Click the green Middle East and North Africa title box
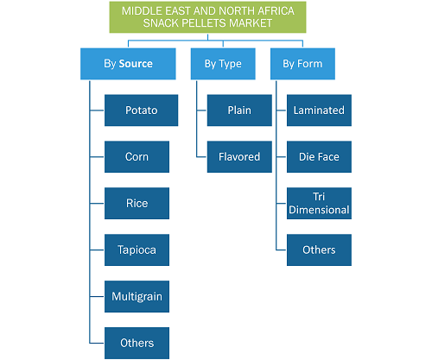click(x=207, y=17)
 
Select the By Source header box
click(x=128, y=64)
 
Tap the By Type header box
click(x=223, y=64)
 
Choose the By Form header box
click(x=302, y=64)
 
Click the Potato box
click(x=141, y=111)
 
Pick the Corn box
click(x=137, y=157)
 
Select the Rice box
click(x=137, y=204)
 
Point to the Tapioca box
click(x=137, y=249)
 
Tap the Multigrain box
click(x=137, y=296)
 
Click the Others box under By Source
click(x=137, y=343)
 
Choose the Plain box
click(x=239, y=111)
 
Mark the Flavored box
click(x=239, y=157)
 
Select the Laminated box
click(x=319, y=111)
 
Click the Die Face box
click(x=319, y=157)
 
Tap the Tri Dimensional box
click(x=319, y=204)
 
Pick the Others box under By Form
click(x=319, y=249)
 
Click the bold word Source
click(x=136, y=64)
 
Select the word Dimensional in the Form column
click(x=319, y=210)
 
